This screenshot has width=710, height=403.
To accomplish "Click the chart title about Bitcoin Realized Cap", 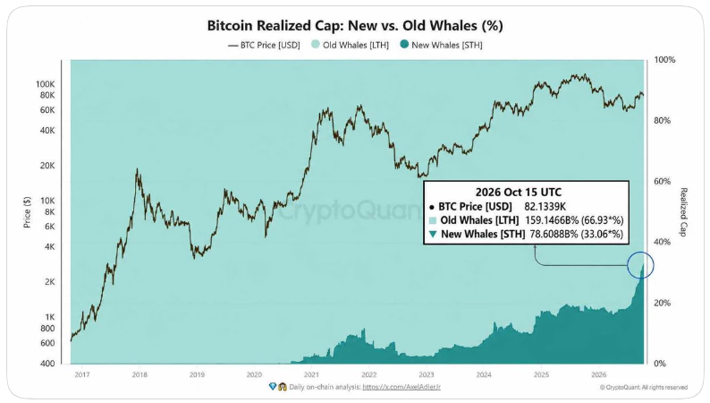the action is tap(355, 25).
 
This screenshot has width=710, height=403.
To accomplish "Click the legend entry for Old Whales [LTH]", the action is tap(350, 45).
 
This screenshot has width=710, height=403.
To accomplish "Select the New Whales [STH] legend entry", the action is tap(441, 45).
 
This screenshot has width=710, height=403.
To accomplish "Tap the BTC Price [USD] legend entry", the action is tap(264, 45).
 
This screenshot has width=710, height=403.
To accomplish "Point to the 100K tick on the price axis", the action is tap(46, 84).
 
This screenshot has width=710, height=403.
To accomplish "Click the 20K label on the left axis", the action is tap(47, 166).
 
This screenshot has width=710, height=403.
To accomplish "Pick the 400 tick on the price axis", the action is tap(47, 363).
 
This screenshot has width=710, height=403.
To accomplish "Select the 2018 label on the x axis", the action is tap(139, 374).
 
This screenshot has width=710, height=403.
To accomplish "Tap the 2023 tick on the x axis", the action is tap(427, 374).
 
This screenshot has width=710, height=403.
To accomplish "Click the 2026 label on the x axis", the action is tap(598, 374).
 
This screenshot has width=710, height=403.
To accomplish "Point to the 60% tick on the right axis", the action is tap(662, 181).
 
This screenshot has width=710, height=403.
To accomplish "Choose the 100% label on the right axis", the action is tap(664, 60).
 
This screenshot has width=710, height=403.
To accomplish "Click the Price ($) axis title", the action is tap(27, 212).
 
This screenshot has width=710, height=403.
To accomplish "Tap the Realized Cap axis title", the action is tap(683, 212).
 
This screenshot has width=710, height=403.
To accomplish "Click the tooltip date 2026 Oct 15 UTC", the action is tap(519, 193).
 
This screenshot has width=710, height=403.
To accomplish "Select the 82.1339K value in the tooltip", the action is tap(545, 207).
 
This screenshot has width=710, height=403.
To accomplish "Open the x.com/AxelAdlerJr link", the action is tap(401, 387).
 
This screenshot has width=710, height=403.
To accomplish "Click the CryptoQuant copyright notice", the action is tap(644, 387).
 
